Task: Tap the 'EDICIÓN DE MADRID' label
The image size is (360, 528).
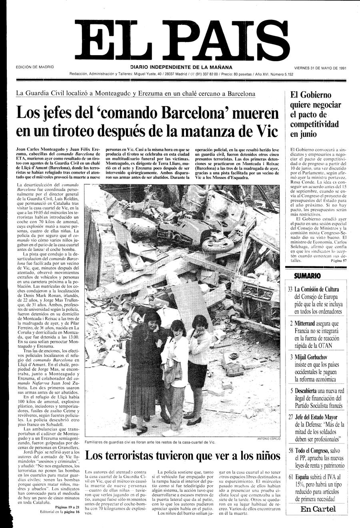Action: tap(35, 68)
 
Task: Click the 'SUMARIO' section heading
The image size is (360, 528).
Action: tap(307, 276)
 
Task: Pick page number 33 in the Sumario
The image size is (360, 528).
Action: tap(290, 289)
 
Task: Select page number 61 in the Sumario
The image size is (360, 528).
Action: tap(290, 477)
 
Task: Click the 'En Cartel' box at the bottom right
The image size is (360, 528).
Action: tap(318, 509)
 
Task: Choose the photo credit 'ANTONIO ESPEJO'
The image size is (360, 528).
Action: tap(269, 439)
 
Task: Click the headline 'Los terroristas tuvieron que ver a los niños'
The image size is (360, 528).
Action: tap(183, 455)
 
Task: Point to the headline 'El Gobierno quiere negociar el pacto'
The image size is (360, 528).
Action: tap(316, 114)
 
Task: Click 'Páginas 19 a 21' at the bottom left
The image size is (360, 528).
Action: tap(70, 507)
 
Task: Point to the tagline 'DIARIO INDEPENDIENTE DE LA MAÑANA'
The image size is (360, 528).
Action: tap(181, 67)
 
